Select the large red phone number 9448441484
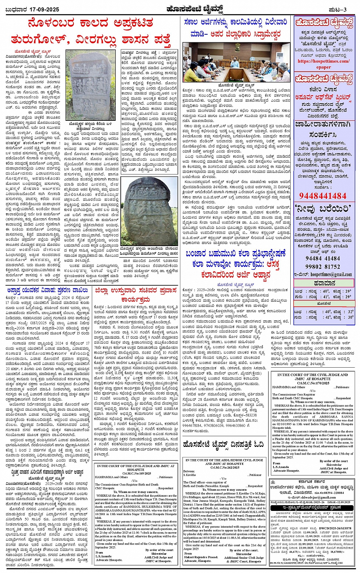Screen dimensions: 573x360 coord(323,196)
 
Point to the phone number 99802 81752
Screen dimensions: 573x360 coord(323,266)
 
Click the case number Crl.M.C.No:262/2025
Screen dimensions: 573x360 coord(223,467)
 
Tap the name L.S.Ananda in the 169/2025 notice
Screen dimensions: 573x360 coord(104,556)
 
